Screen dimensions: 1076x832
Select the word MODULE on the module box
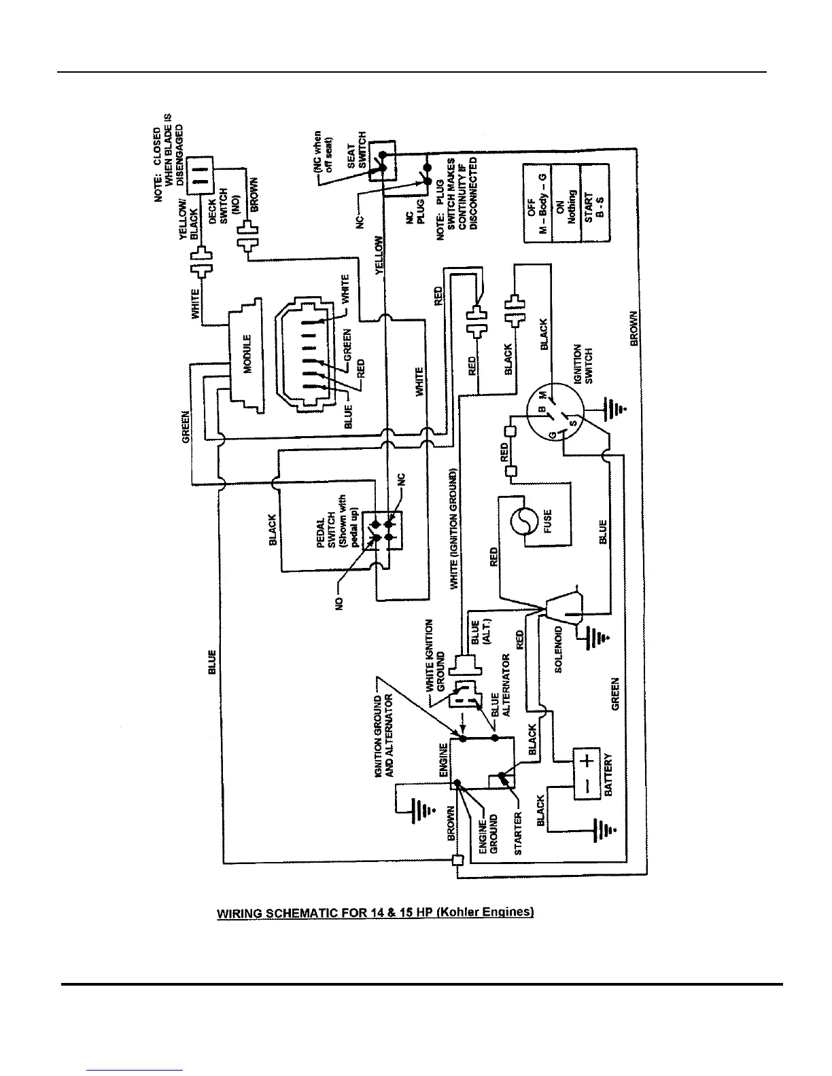click(x=248, y=353)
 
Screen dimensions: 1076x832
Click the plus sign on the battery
click(x=589, y=759)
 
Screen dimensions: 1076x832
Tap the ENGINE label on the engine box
click(x=444, y=761)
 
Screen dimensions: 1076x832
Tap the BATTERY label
click(x=608, y=774)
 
